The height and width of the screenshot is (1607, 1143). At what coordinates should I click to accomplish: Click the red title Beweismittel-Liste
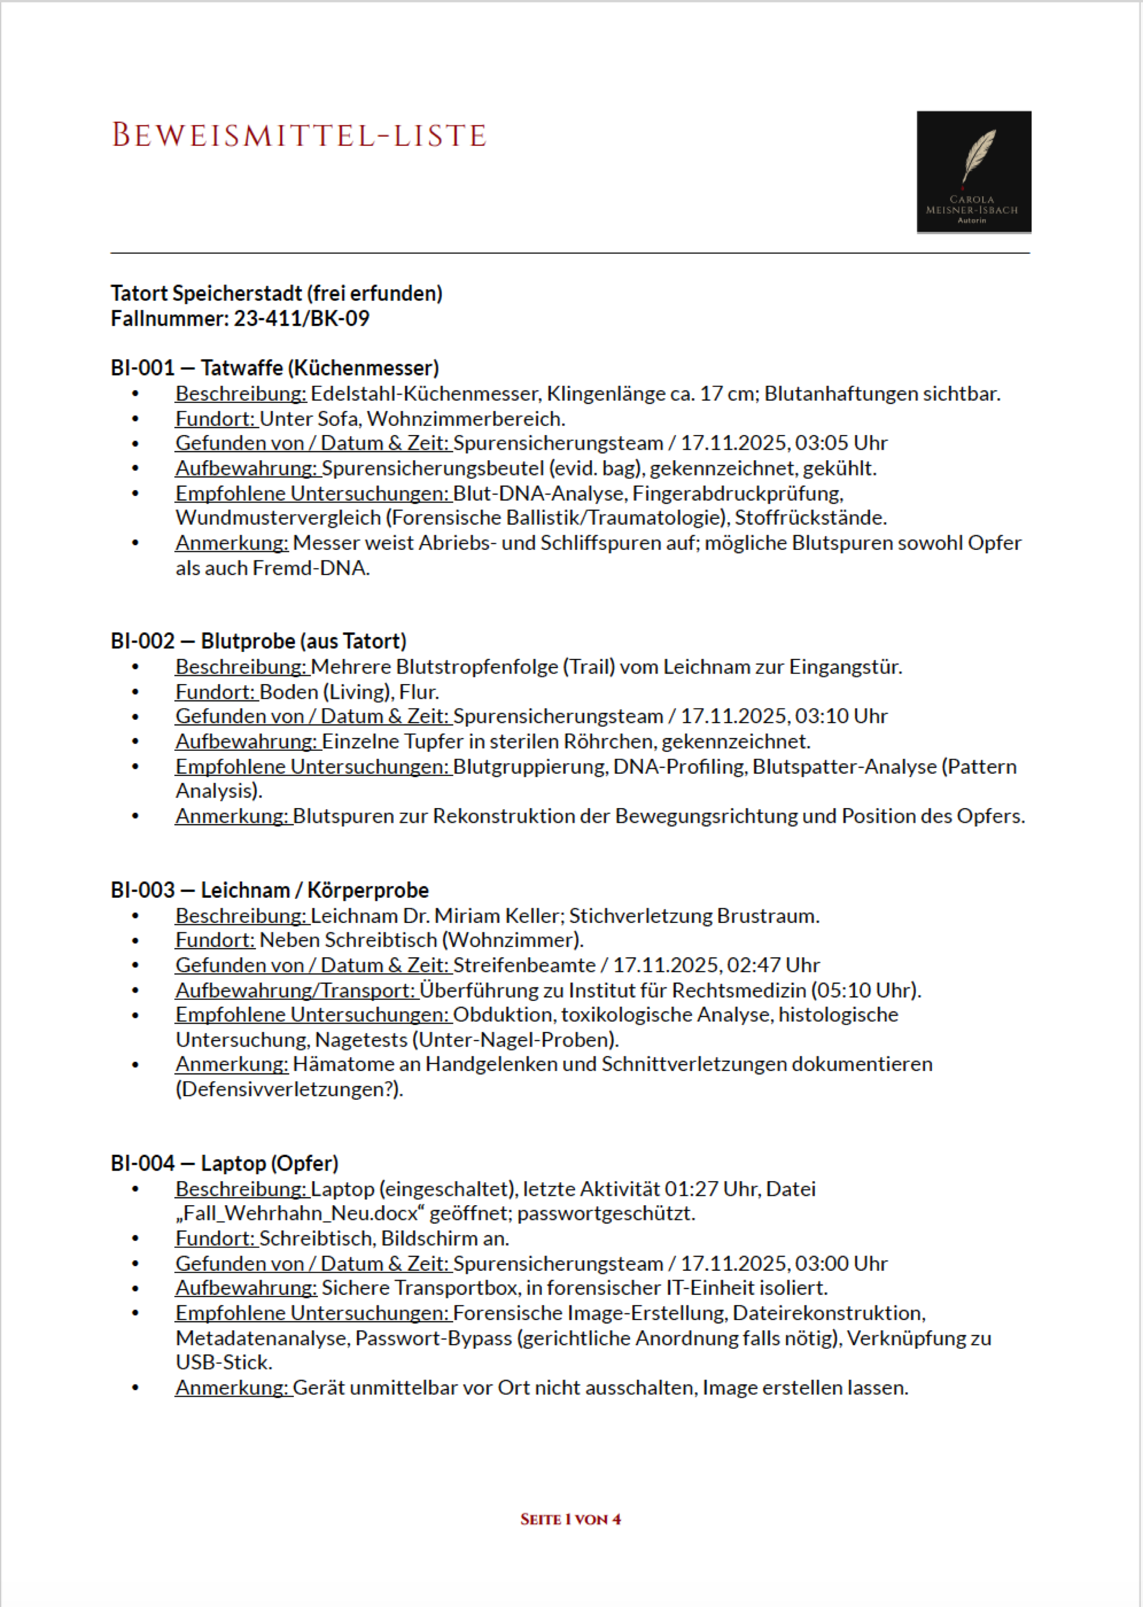point(299,135)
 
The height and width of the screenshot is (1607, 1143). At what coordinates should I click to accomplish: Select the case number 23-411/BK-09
point(301,319)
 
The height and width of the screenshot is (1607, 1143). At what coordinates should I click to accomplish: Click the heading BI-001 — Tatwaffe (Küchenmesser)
point(274,367)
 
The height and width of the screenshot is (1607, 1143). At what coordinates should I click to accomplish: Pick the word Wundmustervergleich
point(278,518)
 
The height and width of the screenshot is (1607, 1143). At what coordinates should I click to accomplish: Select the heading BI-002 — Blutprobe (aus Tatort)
point(258,641)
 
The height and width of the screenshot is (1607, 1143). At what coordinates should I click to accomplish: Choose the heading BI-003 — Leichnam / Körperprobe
point(269,890)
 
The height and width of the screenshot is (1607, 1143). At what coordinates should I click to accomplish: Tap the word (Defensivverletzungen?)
point(289,1089)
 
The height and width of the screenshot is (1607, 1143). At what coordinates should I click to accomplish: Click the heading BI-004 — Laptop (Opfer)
point(224,1163)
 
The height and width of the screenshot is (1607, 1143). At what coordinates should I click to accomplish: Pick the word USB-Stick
point(223,1362)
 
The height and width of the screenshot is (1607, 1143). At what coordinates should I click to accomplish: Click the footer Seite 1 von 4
point(571,1519)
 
